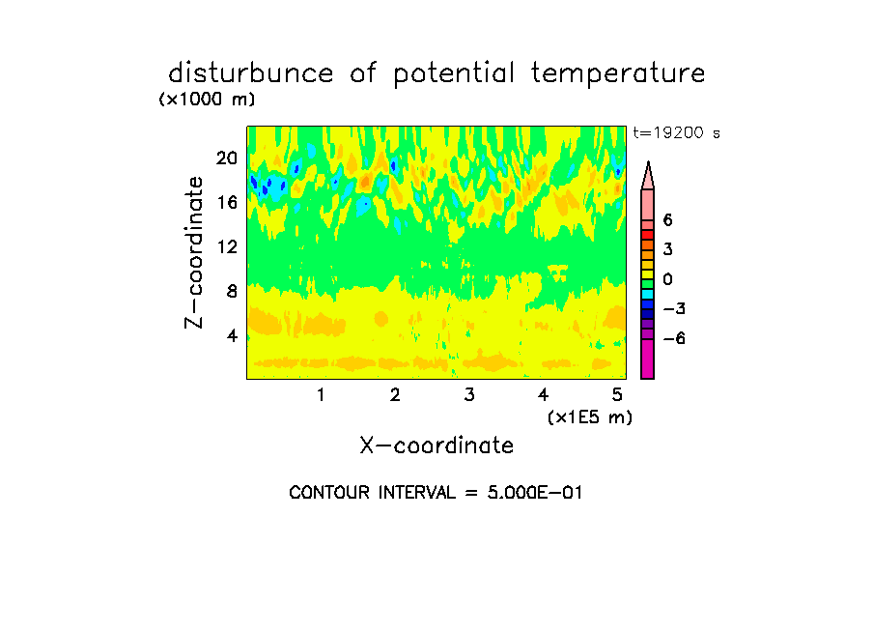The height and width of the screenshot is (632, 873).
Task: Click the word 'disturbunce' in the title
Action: (x=250, y=73)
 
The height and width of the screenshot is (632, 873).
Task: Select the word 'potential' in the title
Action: (x=453, y=74)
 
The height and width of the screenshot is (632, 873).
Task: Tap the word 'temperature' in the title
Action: (x=618, y=74)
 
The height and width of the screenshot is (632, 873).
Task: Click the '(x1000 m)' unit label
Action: (x=207, y=100)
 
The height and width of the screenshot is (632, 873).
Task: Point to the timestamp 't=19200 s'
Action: (x=676, y=133)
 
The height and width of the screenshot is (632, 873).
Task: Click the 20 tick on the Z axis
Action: (x=227, y=158)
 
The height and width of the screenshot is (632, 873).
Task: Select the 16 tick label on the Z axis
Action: (x=227, y=202)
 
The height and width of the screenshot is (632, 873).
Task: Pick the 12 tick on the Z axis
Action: (x=227, y=246)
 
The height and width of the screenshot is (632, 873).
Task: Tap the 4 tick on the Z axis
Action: (x=232, y=335)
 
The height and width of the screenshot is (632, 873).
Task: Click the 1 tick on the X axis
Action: (x=321, y=394)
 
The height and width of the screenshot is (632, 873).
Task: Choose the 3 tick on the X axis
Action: (x=469, y=394)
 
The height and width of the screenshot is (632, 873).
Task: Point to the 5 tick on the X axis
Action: (x=617, y=394)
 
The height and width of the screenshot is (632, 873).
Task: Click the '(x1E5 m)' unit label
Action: (x=590, y=417)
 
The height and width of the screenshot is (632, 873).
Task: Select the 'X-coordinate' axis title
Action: (x=436, y=445)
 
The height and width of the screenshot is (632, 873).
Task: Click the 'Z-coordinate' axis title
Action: (x=194, y=252)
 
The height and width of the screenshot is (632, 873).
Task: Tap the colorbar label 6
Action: (x=667, y=220)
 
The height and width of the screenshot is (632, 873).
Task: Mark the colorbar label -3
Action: (x=674, y=309)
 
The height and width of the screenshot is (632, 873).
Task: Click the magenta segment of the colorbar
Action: (x=648, y=359)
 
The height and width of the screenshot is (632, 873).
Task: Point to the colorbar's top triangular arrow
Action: (x=648, y=175)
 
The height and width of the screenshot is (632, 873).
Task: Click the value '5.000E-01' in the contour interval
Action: (x=534, y=493)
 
